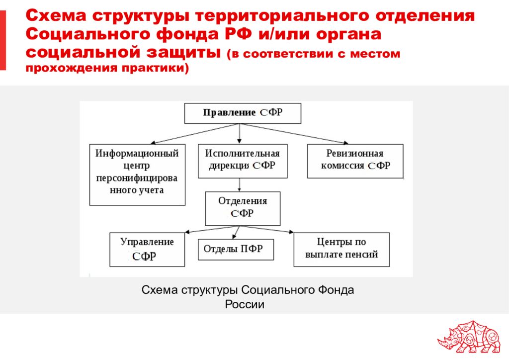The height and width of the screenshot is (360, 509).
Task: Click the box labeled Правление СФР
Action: pos(243,113)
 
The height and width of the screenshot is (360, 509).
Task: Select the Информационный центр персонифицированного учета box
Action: pos(137,175)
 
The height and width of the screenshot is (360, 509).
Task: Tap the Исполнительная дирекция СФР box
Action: pos(243,161)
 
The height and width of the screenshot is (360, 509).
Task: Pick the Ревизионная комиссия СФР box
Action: pos(355,161)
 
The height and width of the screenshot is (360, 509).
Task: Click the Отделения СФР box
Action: pos(243,208)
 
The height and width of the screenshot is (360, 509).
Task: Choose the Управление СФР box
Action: pos(147,249)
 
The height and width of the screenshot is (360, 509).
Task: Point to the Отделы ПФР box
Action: pos(236,249)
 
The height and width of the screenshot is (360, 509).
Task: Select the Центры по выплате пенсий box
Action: pos(341,249)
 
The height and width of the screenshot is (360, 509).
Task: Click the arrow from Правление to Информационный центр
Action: pos(195,133)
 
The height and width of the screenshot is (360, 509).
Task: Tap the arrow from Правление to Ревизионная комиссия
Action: pos(294,133)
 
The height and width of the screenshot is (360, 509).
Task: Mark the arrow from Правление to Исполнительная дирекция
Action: pos(240,133)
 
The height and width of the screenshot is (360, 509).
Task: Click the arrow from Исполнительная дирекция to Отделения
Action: pos(240,184)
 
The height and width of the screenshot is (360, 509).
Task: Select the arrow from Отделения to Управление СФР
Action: pos(213,229)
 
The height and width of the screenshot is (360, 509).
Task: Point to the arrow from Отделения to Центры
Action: pos(267,229)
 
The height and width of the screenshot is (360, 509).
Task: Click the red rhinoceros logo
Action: pos(469,337)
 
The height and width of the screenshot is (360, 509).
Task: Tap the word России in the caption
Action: pos(245,304)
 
